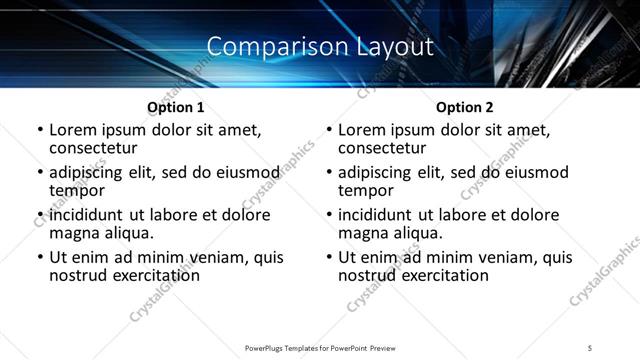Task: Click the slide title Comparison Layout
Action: (320, 46)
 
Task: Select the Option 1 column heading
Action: (176, 107)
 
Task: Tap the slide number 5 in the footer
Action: (589, 347)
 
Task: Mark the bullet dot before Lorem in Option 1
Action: (40, 131)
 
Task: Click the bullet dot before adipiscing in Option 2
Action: (329, 173)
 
